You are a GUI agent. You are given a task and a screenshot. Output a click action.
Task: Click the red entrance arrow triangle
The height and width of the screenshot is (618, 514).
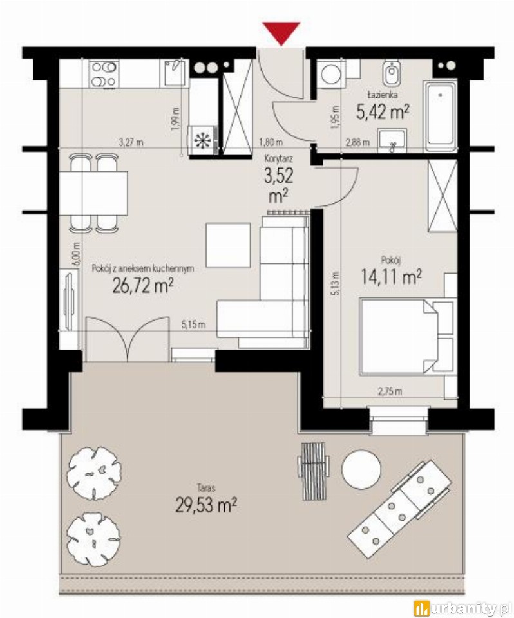tap(281, 33)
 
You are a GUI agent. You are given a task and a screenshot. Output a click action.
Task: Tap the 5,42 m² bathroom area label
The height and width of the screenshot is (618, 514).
tap(382, 112)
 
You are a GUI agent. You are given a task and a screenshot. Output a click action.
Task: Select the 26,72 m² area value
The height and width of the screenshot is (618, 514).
tap(143, 286)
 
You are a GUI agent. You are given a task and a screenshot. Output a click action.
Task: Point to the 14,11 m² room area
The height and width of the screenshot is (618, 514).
tap(391, 277)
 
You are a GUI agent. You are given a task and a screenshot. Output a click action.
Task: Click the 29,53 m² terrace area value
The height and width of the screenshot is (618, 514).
tap(206, 505)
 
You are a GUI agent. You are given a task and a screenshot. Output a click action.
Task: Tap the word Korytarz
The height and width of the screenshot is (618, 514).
tap(278, 159)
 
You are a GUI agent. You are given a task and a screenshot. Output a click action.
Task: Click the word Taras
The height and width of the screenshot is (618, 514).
tap(206, 488)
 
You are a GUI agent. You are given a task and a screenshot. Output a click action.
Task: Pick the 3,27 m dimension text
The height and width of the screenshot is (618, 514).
tap(131, 142)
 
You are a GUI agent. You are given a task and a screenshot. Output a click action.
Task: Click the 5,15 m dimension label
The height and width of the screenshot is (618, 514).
tap(194, 324)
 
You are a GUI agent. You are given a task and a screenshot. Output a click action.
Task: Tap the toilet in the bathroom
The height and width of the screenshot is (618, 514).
tap(391, 73)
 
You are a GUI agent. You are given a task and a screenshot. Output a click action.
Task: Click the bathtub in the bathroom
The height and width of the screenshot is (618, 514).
tap(440, 116)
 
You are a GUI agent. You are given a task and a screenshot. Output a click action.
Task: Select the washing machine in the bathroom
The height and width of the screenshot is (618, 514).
tap(329, 73)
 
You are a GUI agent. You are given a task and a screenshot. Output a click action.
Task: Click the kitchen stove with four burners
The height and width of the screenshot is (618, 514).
tap(104, 73)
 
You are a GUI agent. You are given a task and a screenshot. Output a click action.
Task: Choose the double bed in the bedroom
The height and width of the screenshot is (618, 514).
tap(399, 337)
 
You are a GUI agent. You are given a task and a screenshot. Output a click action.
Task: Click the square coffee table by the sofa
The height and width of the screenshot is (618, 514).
tap(229, 245)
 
